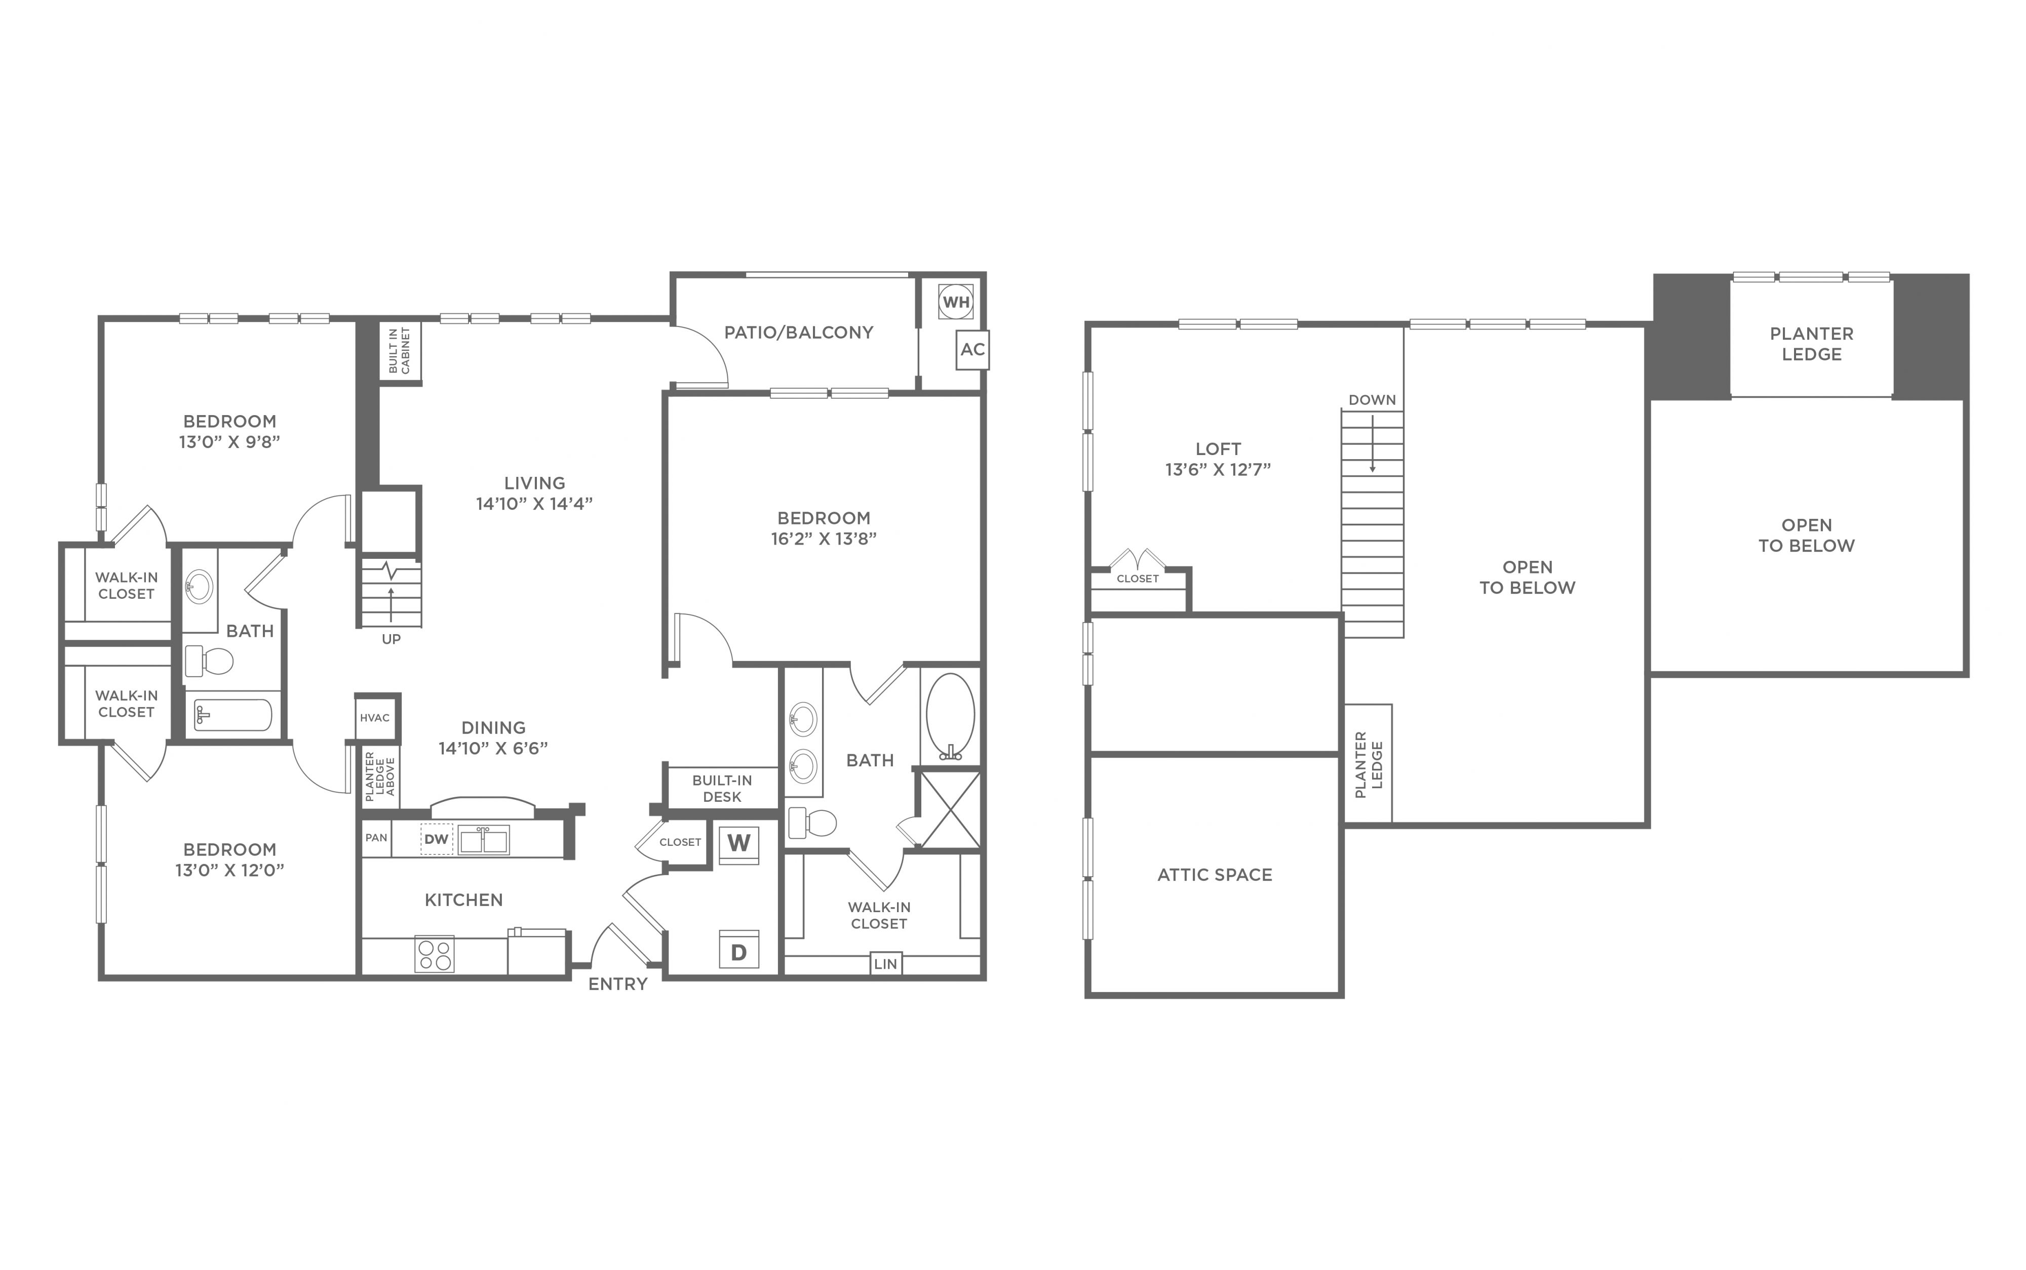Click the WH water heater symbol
[955, 302]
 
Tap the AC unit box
[972, 349]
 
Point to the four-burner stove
[435, 954]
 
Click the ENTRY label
[617, 984]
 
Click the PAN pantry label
[376, 837]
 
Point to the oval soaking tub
[950, 716]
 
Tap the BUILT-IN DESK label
[722, 789]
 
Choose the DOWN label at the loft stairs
[1372, 400]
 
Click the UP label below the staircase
[392, 639]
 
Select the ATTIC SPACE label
[1215, 874]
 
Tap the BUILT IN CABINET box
[400, 351]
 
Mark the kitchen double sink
[483, 840]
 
